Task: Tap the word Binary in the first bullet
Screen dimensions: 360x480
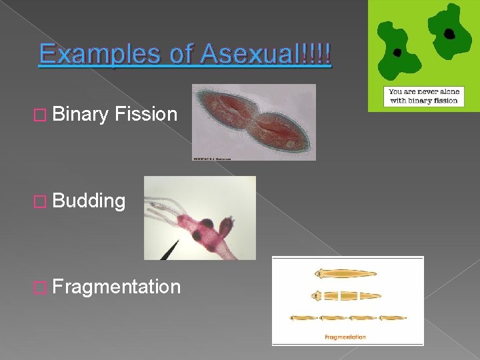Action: [x=80, y=115]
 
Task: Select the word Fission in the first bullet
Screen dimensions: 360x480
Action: [x=145, y=115]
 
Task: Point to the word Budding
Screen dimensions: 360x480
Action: [x=89, y=201]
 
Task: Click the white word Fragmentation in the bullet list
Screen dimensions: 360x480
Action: [x=116, y=287]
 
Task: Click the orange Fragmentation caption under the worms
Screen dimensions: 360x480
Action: [x=345, y=337]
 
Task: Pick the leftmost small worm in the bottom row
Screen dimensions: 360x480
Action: [x=304, y=318]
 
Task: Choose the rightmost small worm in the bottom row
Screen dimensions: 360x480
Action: [x=393, y=318]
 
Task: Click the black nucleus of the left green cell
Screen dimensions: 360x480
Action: [x=397, y=52]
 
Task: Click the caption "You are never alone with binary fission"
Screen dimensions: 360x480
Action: [x=423, y=96]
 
